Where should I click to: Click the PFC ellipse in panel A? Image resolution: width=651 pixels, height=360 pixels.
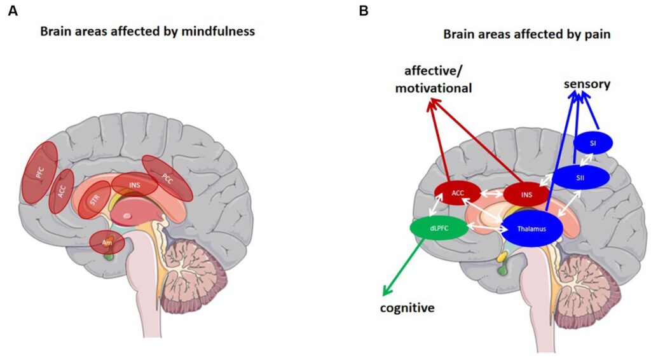tap(40, 172)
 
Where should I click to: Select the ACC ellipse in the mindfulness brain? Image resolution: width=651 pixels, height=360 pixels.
tap(62, 191)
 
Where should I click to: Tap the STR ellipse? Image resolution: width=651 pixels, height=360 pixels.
tap(95, 200)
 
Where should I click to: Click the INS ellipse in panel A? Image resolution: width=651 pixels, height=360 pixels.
tap(134, 184)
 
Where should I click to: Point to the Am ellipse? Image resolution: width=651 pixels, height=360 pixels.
tap(107, 242)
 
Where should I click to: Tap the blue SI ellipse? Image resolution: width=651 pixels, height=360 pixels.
tap(593, 143)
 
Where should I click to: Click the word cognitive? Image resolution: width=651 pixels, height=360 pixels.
tap(407, 308)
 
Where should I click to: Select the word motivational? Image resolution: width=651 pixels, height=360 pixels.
tap(434, 88)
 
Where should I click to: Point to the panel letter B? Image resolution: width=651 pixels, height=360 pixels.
tap(363, 11)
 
